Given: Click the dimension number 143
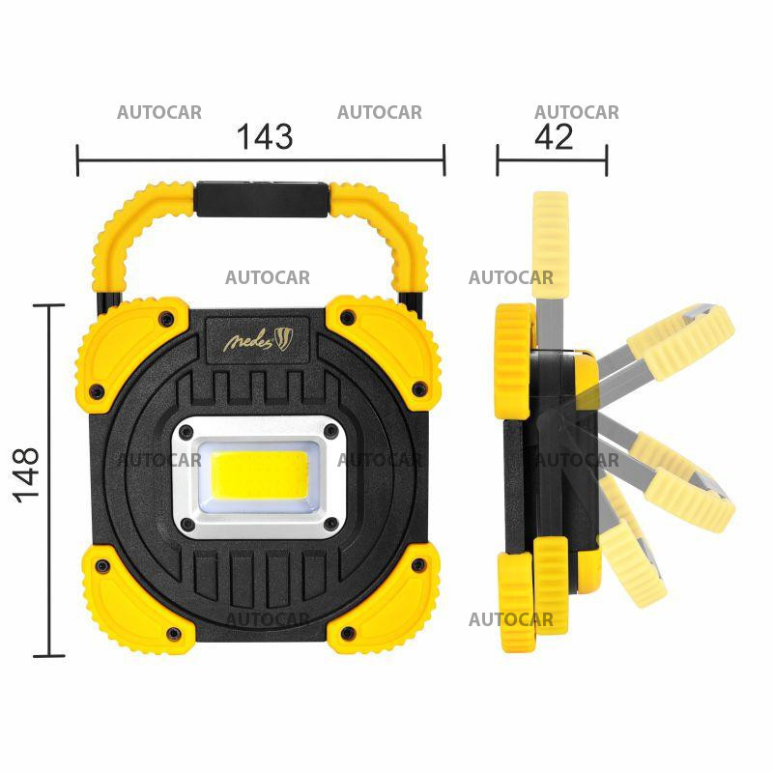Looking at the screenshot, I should [x=265, y=136].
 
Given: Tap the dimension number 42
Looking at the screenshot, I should [x=554, y=136].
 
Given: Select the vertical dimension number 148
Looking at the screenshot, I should [x=27, y=473].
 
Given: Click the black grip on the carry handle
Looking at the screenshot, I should [x=260, y=200].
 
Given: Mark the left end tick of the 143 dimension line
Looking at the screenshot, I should [x=78, y=160].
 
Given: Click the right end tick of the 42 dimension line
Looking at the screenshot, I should [x=607, y=160].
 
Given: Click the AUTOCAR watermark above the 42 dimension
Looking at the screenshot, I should [x=577, y=112].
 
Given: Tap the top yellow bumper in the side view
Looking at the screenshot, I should [x=513, y=360].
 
